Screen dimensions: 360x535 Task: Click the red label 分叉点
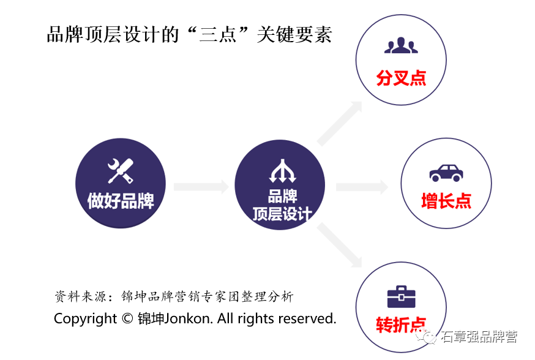point(402,78)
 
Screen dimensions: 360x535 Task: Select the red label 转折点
point(402,325)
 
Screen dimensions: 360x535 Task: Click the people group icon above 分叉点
point(401,47)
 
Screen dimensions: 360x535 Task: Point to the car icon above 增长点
point(446,172)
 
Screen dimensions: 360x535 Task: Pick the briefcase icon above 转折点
point(401,296)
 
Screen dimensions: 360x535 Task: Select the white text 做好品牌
point(121,200)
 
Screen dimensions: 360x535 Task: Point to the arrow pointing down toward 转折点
point(340,246)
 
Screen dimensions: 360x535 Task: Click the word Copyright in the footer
point(85,319)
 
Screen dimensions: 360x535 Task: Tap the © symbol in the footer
point(127,319)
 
